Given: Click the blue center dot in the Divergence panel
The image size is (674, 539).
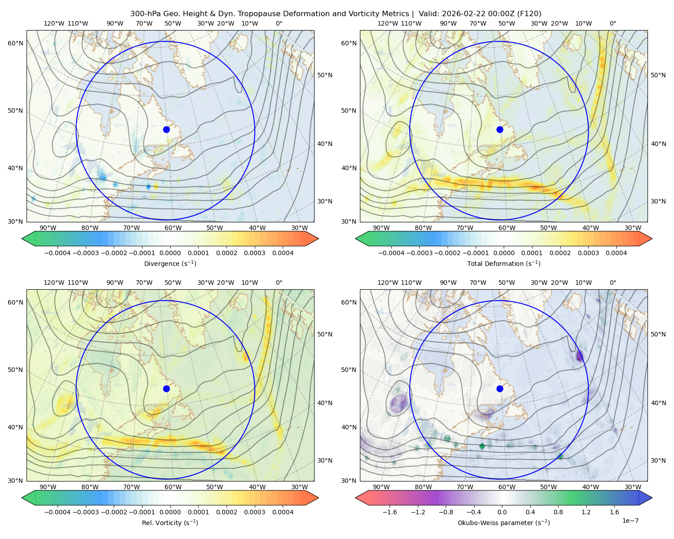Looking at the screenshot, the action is (x=166, y=129).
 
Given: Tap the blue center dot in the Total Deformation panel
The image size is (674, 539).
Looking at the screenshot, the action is (x=500, y=129).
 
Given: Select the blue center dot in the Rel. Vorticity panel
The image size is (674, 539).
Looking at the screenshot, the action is (x=166, y=389).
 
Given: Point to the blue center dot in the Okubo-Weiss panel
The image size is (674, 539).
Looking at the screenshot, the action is (x=500, y=389).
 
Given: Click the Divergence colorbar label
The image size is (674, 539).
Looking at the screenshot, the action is (x=170, y=263).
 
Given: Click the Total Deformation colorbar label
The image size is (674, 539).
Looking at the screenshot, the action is (x=504, y=263).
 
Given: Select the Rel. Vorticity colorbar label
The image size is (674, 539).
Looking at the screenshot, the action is (x=170, y=523).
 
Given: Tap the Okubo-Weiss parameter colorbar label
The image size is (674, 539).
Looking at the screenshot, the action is (x=504, y=523).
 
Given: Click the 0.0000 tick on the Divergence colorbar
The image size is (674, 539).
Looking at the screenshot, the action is (x=170, y=253).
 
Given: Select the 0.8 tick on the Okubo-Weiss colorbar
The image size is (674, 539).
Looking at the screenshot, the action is (x=558, y=512).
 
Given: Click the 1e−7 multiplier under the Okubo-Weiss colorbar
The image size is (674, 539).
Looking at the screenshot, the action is (x=630, y=521).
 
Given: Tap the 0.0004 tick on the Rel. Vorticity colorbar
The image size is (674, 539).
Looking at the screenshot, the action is (x=283, y=512).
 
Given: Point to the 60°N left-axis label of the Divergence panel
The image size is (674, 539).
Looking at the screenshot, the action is (x=15, y=43).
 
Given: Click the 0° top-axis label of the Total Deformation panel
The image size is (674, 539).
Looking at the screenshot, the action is (x=612, y=23).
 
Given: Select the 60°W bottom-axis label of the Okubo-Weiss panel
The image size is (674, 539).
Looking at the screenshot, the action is (x=506, y=487).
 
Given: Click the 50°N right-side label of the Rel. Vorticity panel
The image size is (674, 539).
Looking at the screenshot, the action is (x=325, y=334).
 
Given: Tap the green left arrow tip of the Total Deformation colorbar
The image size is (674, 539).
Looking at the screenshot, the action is (x=355, y=239).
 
